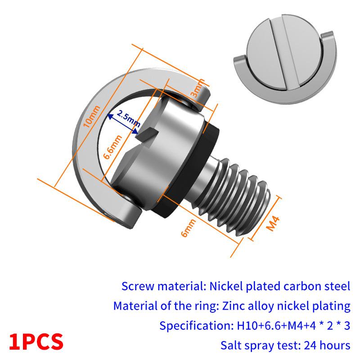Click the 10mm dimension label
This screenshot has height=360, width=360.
pos(91,117)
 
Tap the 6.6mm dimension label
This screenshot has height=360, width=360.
pos(112,147)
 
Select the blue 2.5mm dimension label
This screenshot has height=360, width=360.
pos(129,119)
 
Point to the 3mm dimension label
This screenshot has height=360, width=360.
pos(197,88)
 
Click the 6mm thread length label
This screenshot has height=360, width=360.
pos(188,228)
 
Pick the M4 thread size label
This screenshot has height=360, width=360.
pos(273,223)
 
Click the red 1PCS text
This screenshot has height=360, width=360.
pos(36,342)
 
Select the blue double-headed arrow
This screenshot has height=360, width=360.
pos(122,124)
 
